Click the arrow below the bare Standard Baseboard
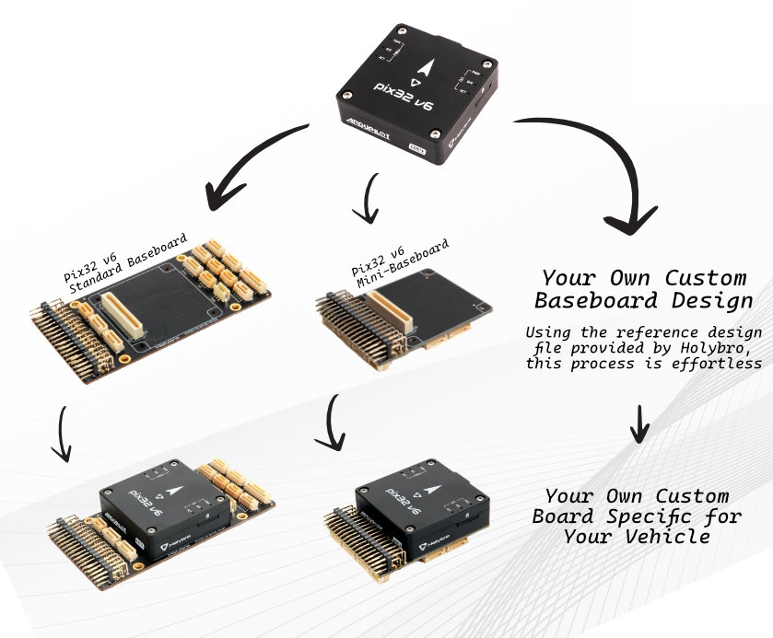(64, 432)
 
